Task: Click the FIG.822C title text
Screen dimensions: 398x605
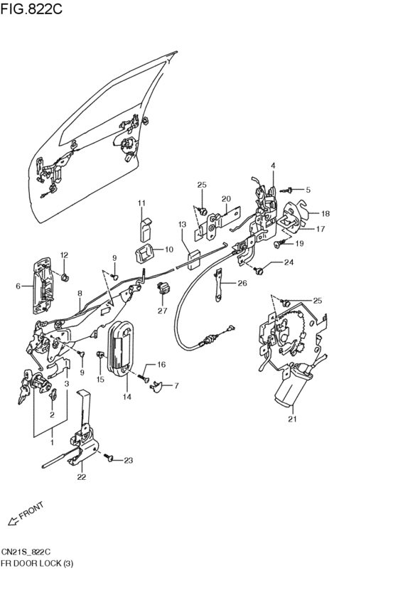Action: (x=31, y=9)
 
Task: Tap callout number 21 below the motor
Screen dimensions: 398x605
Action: (x=292, y=419)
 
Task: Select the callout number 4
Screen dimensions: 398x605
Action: (x=273, y=166)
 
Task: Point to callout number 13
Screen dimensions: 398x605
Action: (x=182, y=224)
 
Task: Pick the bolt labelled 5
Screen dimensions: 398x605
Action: (x=288, y=189)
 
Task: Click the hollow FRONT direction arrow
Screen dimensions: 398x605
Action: (x=13, y=521)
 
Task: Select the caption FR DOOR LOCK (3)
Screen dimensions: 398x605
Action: (x=37, y=563)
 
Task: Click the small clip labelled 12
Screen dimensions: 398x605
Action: (x=65, y=277)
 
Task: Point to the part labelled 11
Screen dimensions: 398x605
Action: (x=144, y=230)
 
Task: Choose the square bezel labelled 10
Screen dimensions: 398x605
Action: (x=144, y=255)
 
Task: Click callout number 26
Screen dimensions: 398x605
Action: (x=242, y=283)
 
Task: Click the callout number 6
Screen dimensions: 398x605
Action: (x=18, y=286)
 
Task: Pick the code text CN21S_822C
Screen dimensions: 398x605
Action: (x=26, y=552)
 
